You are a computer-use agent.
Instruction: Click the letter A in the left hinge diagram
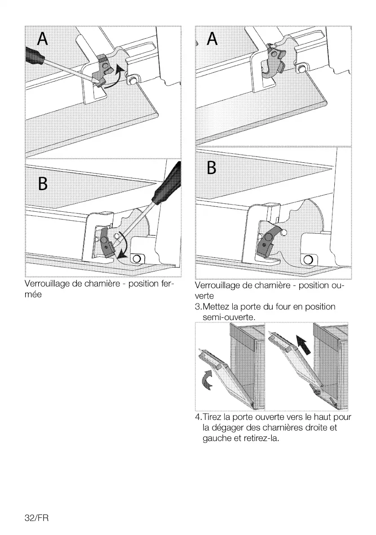(x=43, y=39)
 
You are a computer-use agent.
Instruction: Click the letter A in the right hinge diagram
(x=212, y=39)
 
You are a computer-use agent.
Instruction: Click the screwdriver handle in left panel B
(x=167, y=185)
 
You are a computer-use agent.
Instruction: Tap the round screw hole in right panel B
(x=308, y=260)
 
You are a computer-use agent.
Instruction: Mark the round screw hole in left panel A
(x=133, y=80)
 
